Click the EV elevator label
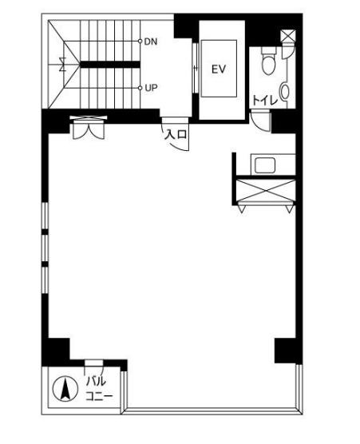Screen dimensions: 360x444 coord(219,69)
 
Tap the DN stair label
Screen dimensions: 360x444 coord(151,42)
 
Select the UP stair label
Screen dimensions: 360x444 coord(151,88)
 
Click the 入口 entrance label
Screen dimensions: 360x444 coord(176,134)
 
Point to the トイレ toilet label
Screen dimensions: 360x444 coord(265,101)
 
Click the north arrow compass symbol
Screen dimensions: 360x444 coord(65,389)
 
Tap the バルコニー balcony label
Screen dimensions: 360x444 coord(99,389)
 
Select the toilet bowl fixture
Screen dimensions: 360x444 coord(268,61)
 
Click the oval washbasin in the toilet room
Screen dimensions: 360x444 coord(285,91)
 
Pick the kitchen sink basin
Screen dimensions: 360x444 coord(265,165)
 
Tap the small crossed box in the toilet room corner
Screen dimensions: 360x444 coord(288,36)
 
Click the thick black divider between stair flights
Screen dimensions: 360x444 coord(110,65)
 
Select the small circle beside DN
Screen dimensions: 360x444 coord(140,41)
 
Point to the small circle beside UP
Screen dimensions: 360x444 coord(140,88)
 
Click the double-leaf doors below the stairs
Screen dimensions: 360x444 coord(89,128)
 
